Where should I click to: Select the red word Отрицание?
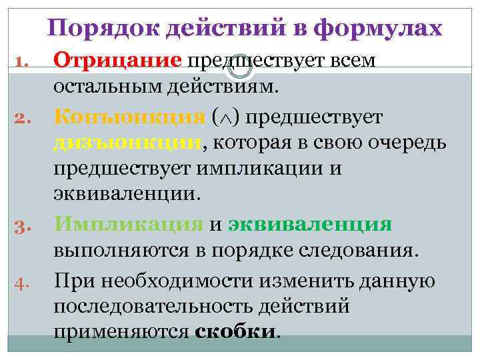click(117, 61)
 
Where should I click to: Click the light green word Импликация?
click(129, 224)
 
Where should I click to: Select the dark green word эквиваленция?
click(310, 225)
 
